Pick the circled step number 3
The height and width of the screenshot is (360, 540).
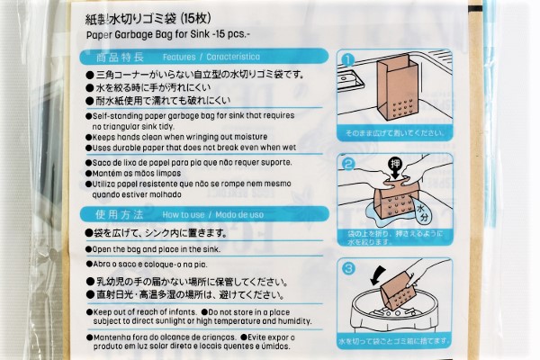point(347,267)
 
